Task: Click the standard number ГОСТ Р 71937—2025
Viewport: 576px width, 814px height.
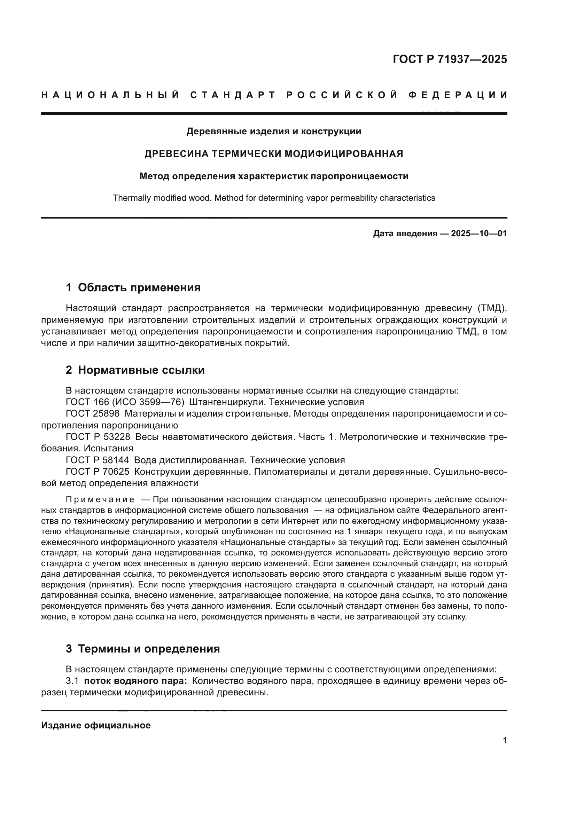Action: coord(450,59)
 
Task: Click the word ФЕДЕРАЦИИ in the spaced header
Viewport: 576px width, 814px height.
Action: coord(458,95)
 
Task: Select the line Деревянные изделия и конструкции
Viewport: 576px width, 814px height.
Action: coord(274,132)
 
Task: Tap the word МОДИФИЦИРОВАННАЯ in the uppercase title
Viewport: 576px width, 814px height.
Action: coord(344,154)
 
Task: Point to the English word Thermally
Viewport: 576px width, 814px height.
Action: coord(132,198)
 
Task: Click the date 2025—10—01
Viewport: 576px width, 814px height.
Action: coord(479,234)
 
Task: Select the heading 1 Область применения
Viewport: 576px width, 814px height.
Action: coord(133,287)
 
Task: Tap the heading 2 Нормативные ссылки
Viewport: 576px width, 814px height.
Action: coord(135,370)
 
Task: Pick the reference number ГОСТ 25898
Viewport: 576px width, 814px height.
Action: coord(93,414)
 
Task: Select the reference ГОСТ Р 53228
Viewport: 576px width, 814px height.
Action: coord(98,437)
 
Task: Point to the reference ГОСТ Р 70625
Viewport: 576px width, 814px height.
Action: coord(98,472)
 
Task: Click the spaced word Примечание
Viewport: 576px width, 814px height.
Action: coord(100,500)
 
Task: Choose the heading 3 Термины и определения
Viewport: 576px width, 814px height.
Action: coord(142,649)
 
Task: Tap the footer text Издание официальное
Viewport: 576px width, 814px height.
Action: coord(96,725)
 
